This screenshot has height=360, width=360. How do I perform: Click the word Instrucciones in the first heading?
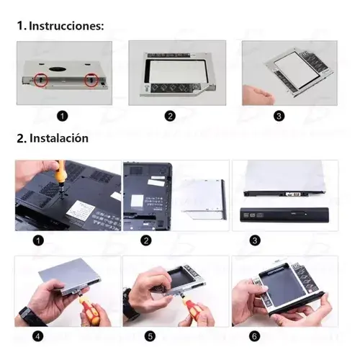pyautogui.click(x=66, y=26)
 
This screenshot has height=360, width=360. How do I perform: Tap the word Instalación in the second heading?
pyautogui.click(x=59, y=138)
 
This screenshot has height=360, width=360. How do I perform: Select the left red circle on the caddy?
pyautogui.click(x=41, y=79)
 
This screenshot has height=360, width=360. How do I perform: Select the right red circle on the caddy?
pyautogui.click(x=91, y=80)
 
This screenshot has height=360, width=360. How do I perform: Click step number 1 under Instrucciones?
pyautogui.click(x=63, y=116)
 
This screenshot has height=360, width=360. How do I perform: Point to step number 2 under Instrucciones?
pyautogui.click(x=170, y=116)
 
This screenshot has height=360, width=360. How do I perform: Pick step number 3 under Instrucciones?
pyautogui.click(x=279, y=116)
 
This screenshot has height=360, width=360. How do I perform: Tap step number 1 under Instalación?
pyautogui.click(x=38, y=240)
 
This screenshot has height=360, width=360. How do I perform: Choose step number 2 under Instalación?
pyautogui.click(x=146, y=240)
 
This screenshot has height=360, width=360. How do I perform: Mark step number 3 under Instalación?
pyautogui.click(x=255, y=240)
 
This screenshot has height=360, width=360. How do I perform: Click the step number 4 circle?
pyautogui.click(x=37, y=336)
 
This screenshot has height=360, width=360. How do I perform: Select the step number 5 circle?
pyautogui.click(x=150, y=336)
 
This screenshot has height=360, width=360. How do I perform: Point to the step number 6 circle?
pyautogui.click(x=254, y=336)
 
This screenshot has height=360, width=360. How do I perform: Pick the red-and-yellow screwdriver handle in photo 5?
pyautogui.click(x=190, y=309)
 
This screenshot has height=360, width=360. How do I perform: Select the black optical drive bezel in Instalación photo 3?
pyautogui.click(x=284, y=215)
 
